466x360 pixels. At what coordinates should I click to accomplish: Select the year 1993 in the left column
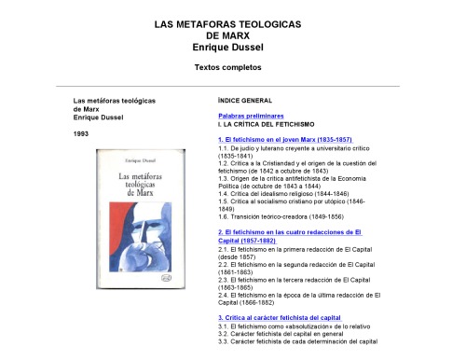pos(82,134)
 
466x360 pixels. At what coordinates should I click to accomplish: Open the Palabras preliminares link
pos(251,116)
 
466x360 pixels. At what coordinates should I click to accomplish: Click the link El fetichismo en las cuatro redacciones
pos(290,233)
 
